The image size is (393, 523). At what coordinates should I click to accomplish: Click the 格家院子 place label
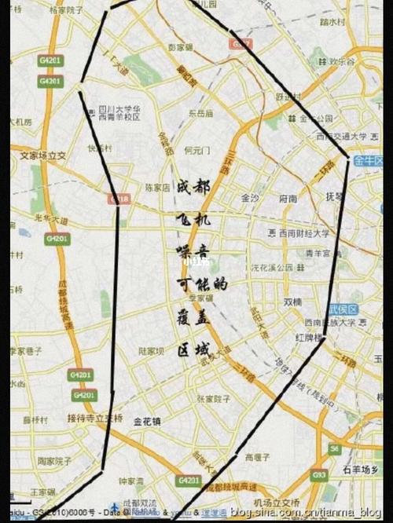[65, 10]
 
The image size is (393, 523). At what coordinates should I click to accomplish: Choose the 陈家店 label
[157, 188]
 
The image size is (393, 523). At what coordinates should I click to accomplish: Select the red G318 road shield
[121, 199]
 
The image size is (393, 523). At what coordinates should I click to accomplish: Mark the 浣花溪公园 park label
[271, 267]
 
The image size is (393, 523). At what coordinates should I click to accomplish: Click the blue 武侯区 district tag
[343, 309]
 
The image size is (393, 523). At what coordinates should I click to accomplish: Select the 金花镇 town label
[148, 421]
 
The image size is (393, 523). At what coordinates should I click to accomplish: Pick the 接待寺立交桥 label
[95, 417]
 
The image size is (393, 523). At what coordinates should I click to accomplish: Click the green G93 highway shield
[318, 476]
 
